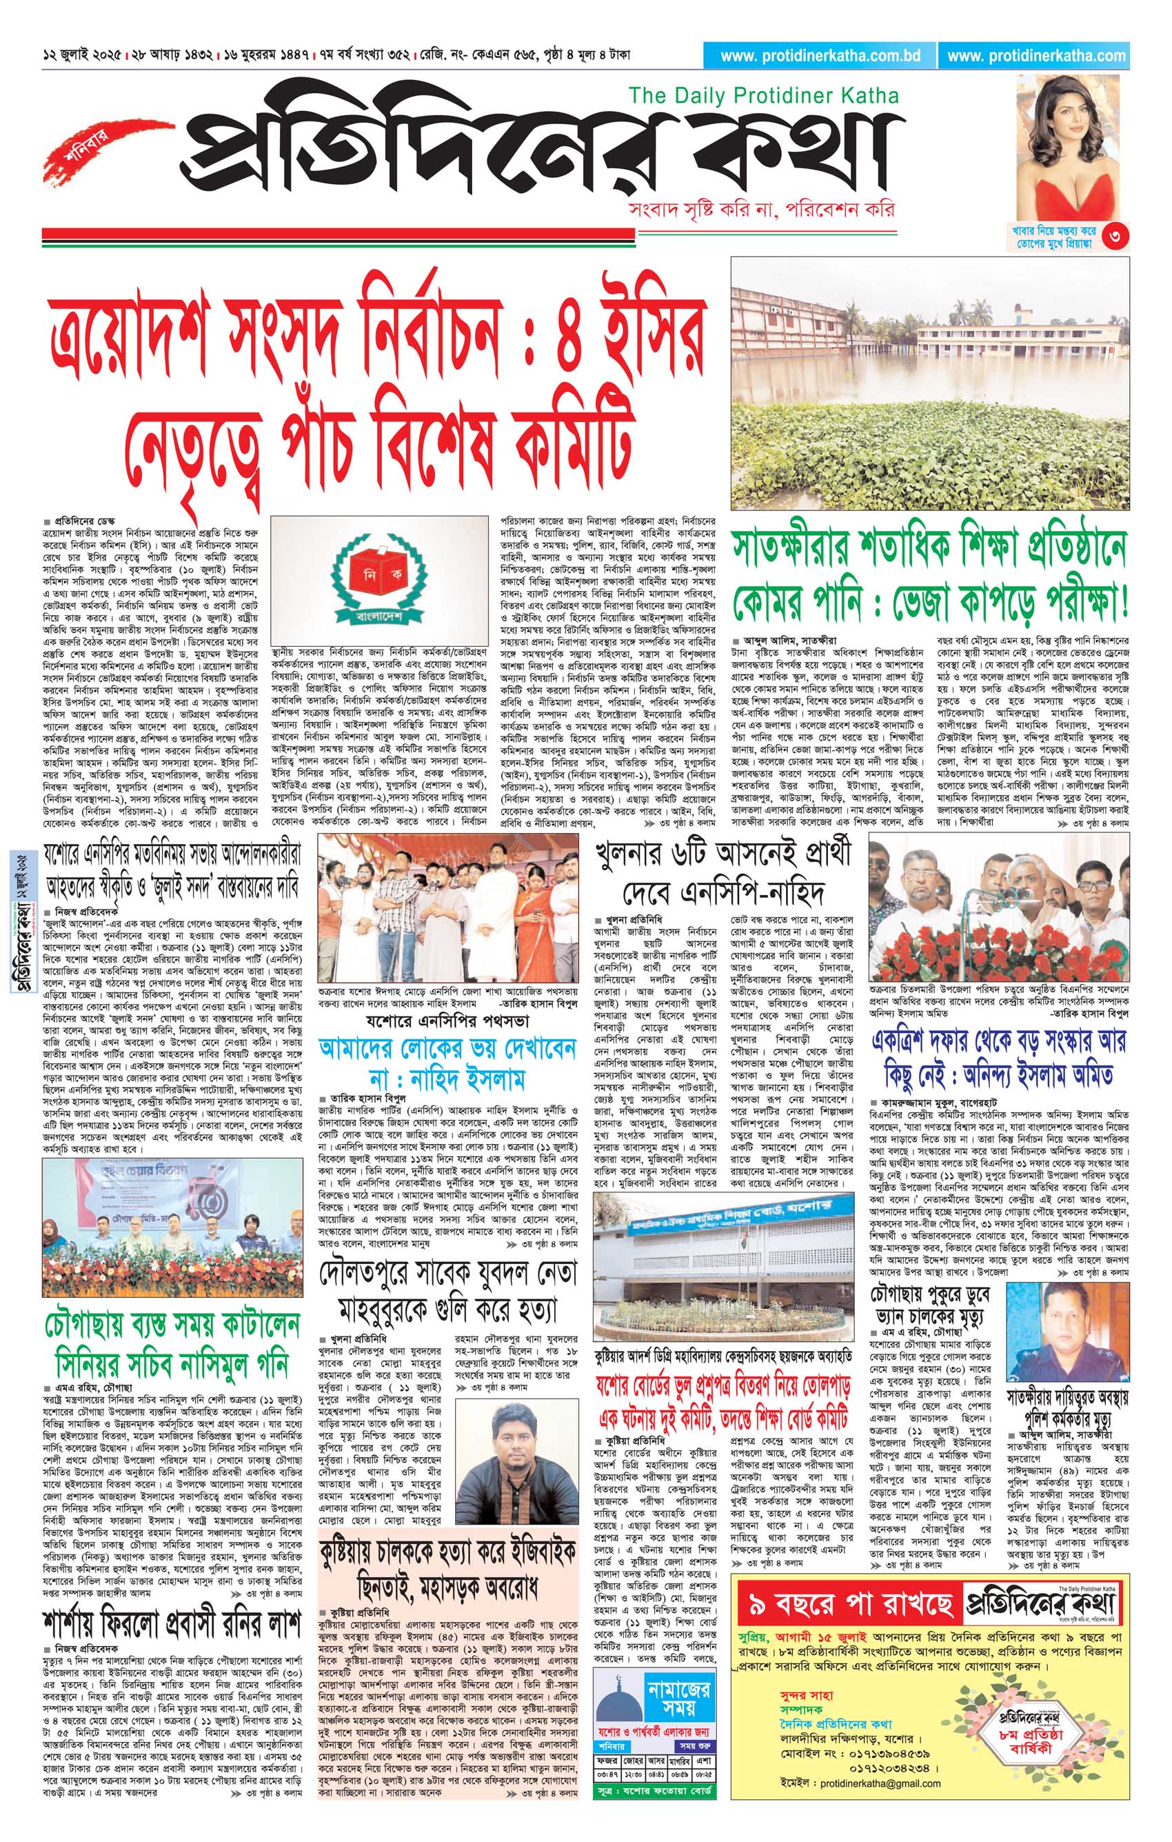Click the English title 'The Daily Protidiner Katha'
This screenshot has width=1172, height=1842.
[x=763, y=97]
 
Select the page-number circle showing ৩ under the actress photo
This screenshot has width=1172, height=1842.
[x=1118, y=236]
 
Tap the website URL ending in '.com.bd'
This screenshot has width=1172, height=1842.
[x=820, y=56]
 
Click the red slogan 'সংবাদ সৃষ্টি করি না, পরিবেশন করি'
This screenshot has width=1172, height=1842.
[x=759, y=210]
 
